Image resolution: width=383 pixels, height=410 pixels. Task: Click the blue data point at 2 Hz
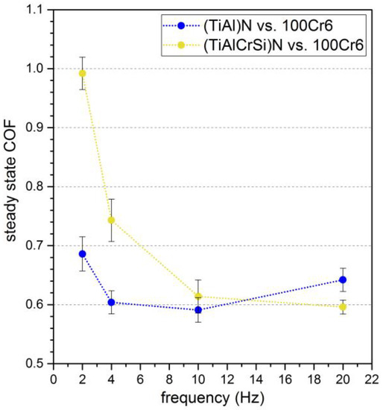click(x=83, y=254)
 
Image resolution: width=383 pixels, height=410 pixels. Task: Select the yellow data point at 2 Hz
click(x=83, y=73)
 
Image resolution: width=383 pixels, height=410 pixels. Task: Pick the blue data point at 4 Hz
click(x=112, y=302)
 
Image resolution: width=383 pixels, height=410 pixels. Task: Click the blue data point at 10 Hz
click(x=198, y=309)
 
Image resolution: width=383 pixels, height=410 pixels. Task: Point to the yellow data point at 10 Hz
click(x=198, y=296)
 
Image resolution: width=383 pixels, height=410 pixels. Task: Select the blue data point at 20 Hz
click(x=343, y=280)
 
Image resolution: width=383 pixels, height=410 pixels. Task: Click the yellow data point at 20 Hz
click(x=343, y=306)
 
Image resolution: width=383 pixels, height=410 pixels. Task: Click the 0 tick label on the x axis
click(x=54, y=378)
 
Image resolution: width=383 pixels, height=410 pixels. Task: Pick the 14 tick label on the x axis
click(x=256, y=378)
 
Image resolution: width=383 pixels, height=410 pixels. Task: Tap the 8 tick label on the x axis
click(x=169, y=378)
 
